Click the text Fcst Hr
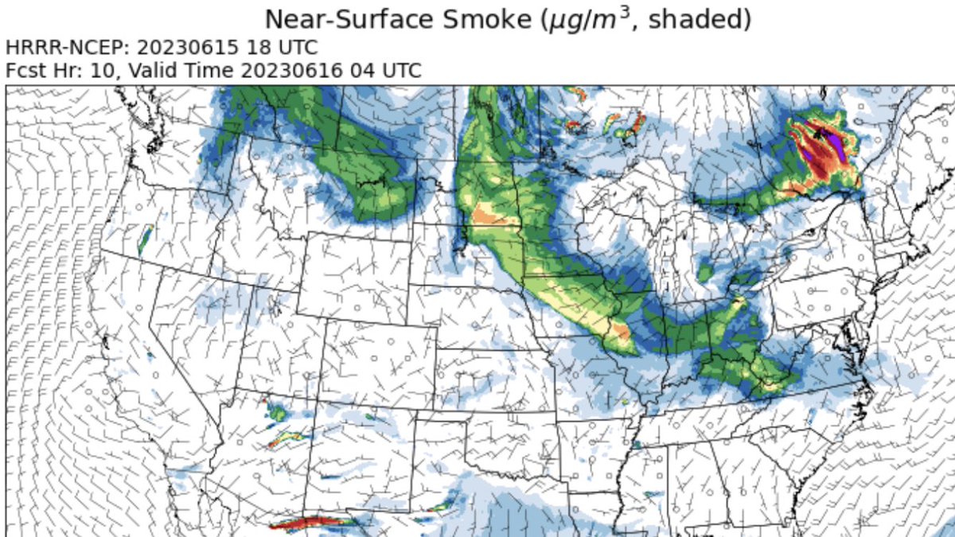(x=40, y=71)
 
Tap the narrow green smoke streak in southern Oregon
(x=145, y=239)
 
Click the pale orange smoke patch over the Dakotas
(x=485, y=215)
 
